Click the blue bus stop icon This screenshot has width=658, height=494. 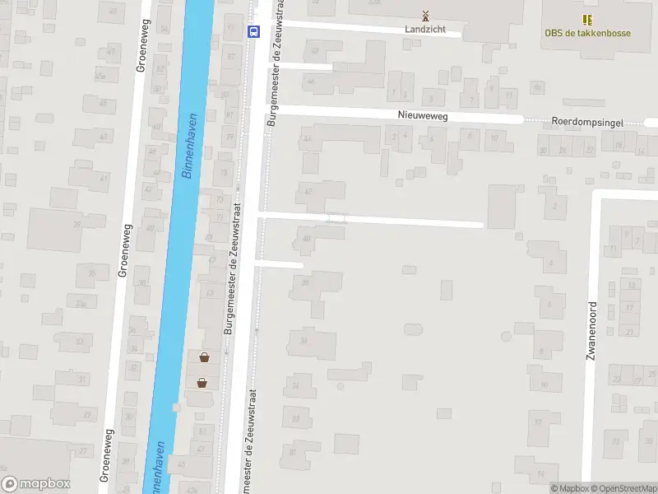[x=253, y=32]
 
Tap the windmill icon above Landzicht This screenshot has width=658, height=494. [x=425, y=15]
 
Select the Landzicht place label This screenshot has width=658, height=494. [x=425, y=29]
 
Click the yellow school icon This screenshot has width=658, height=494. [x=587, y=19]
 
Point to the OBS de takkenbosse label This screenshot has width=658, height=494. [x=587, y=33]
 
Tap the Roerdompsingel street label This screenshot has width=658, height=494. [x=587, y=122]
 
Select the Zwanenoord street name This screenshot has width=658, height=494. [x=591, y=330]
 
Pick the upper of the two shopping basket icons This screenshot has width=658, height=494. [x=203, y=357]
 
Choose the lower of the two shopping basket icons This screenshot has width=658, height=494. [x=202, y=382]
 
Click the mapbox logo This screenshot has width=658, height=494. [x=35, y=484]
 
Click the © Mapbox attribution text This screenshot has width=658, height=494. [x=570, y=488]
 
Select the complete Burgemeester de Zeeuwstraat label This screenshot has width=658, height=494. [x=233, y=268]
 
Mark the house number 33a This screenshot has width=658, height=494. [x=80, y=304]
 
